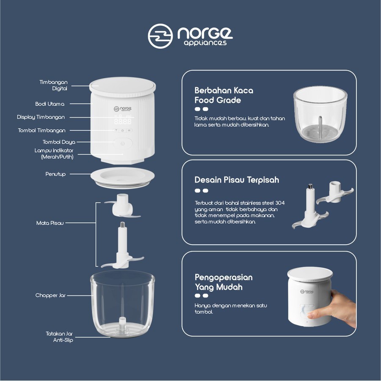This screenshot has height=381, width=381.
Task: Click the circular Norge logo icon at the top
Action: pos(160,36)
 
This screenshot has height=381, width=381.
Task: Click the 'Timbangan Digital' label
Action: pos(53,85)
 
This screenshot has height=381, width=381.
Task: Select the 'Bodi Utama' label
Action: pos(50,104)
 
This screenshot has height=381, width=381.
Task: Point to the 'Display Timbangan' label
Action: pos(41,117)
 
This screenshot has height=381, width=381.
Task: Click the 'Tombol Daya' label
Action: pos(59,142)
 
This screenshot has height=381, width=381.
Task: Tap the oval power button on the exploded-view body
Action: pos(123,143)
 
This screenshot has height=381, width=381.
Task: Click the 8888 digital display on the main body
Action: pos(123,121)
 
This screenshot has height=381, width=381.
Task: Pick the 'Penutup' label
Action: pos(55,174)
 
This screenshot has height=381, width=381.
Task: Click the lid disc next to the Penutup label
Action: pos(123,178)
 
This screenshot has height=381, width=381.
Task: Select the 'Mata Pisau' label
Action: pos(50,223)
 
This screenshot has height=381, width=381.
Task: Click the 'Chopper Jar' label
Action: pos(50,295)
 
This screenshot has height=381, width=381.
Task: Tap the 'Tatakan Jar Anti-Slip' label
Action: pos(60,337)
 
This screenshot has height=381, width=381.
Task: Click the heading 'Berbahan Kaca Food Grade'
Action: pos(224,95)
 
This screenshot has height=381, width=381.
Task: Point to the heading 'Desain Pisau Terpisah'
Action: pos(237,180)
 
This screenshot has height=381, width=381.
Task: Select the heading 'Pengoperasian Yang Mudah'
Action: pos(224,282)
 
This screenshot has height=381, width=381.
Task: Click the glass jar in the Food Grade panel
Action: pos(320,114)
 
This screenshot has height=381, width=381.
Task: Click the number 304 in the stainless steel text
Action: pos(280,203)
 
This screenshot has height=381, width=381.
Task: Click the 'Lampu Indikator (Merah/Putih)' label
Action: pos(54,154)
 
